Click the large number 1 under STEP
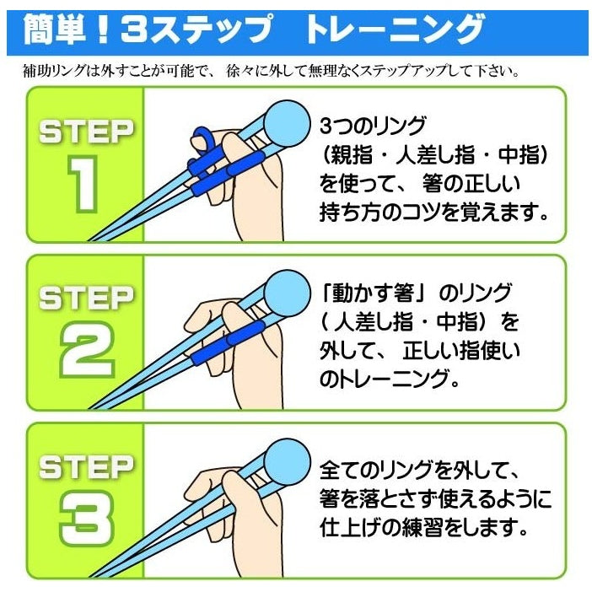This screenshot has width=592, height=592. [83, 186]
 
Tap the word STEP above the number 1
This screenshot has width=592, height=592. [85, 132]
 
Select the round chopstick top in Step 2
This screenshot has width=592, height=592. [283, 291]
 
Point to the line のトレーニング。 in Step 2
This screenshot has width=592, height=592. [390, 379]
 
